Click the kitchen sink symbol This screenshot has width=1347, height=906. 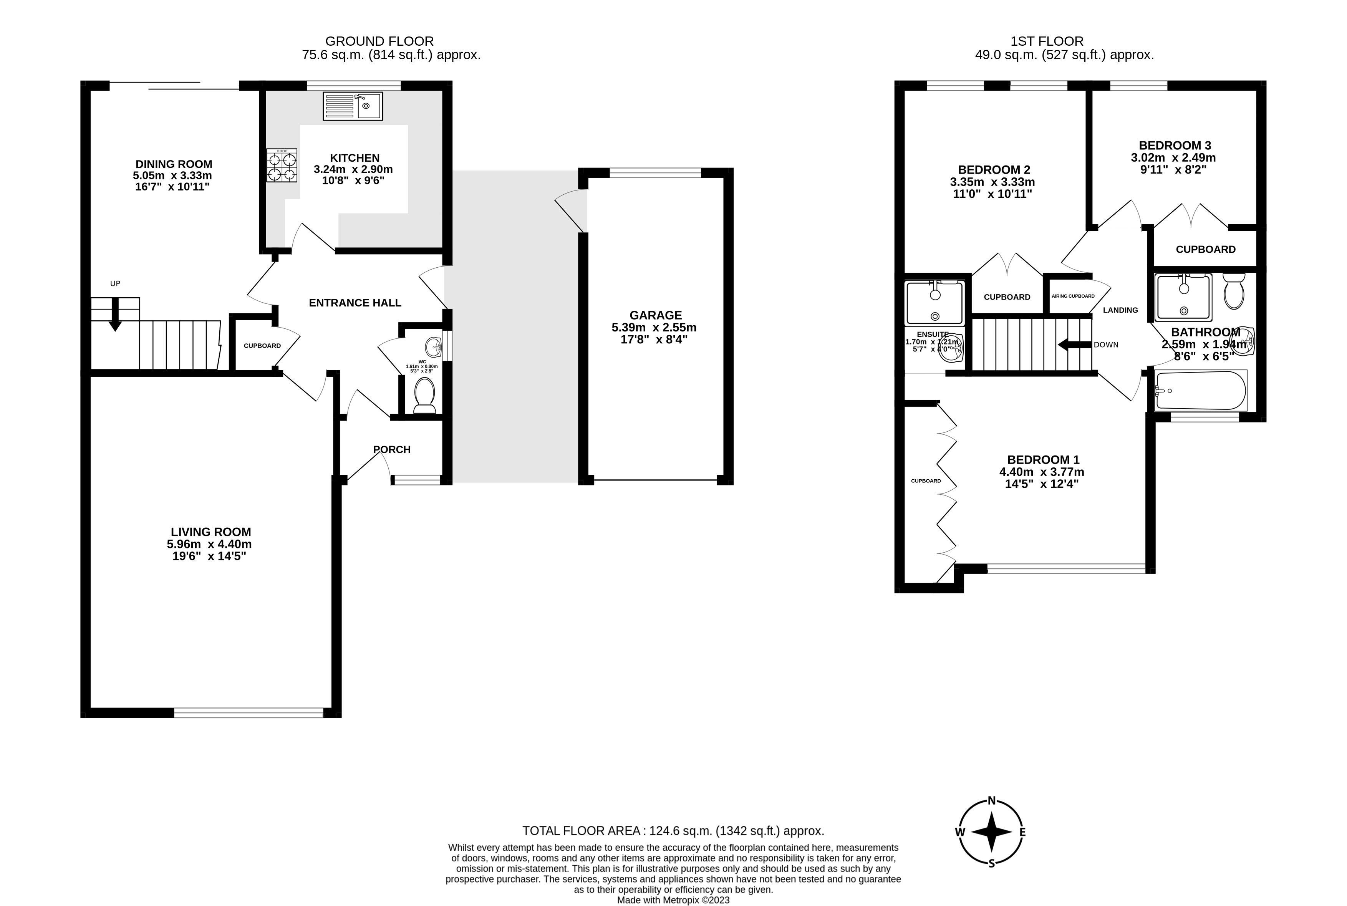(353, 106)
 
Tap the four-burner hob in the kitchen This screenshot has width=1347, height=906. (282, 166)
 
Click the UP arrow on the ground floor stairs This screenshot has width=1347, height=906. (115, 315)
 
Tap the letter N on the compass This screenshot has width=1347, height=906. (992, 801)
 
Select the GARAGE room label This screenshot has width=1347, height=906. (655, 315)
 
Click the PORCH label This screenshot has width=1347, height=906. (392, 449)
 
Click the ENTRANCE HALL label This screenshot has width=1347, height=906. (355, 303)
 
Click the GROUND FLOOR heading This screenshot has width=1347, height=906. (379, 41)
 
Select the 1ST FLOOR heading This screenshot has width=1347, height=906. (1047, 41)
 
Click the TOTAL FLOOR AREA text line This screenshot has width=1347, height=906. (673, 831)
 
